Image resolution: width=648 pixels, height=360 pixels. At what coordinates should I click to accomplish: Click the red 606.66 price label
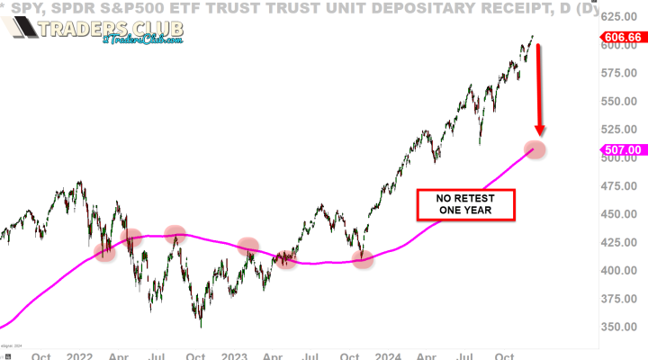pos(623,39)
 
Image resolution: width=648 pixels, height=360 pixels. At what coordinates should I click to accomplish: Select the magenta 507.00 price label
pos(623,150)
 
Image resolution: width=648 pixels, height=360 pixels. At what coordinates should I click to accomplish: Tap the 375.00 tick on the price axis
pos(622,299)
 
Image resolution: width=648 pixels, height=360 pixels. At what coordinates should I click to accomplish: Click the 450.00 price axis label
pos(622,214)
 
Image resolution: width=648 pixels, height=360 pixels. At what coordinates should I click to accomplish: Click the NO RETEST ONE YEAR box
pos(464,204)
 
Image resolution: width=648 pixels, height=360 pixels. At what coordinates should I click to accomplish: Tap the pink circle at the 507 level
pos(535,149)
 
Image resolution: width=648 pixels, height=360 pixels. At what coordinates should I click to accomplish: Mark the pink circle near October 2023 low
pos(364,260)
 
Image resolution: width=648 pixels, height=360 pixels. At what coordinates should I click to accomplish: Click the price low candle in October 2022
pos(200,324)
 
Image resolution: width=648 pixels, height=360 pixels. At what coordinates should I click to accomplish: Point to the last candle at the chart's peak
pos(533,37)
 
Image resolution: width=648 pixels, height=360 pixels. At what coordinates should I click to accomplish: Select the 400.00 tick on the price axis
pos(622,271)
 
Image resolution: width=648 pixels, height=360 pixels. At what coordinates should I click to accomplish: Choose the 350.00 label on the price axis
pos(622,327)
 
